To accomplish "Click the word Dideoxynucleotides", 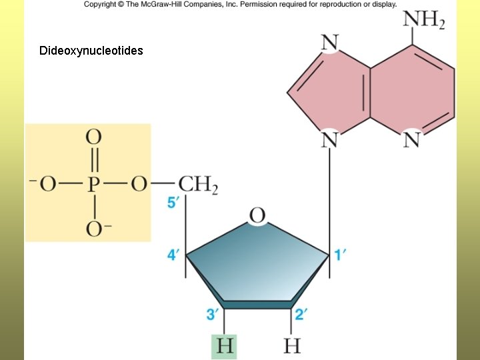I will [x=91, y=51].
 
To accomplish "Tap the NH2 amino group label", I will [x=423, y=20].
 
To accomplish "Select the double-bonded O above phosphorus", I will [x=94, y=139].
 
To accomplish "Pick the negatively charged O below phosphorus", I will [x=94, y=229].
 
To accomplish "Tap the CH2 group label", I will [x=198, y=184].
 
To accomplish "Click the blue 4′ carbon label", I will [x=173, y=255].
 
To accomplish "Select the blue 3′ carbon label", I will [x=211, y=314].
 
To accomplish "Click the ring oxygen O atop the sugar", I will [x=257, y=215].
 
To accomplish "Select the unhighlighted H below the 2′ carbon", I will [x=292, y=346].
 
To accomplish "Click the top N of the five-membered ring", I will [x=330, y=43].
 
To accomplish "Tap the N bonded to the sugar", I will [x=330, y=139].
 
